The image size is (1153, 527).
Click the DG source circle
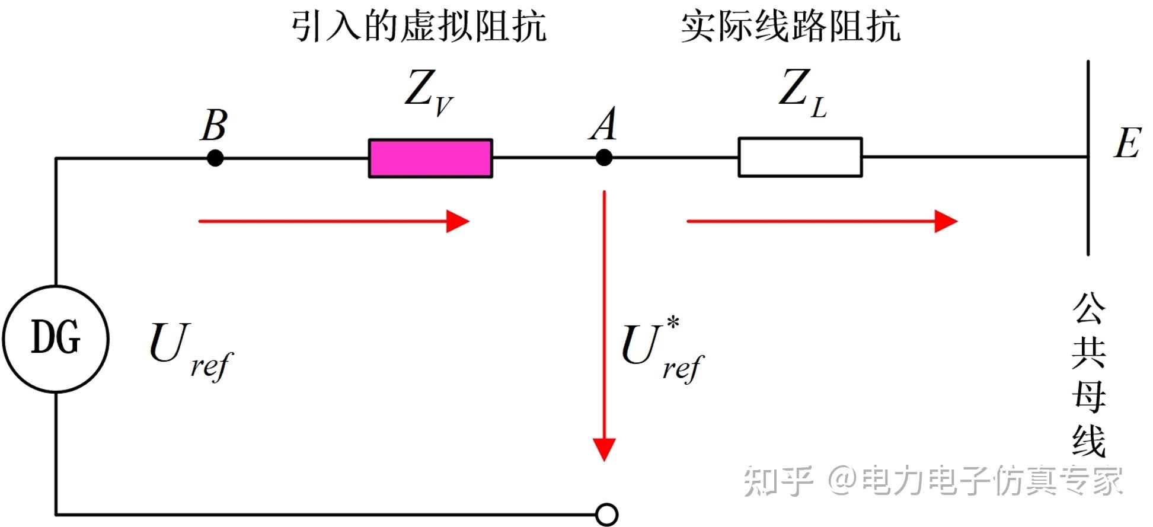click(x=56, y=338)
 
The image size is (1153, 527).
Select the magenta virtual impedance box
click(x=430, y=158)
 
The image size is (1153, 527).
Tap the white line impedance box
click(x=800, y=157)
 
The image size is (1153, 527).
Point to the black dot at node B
click(x=215, y=158)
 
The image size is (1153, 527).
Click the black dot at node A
click(x=604, y=158)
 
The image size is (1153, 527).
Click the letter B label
click(x=214, y=125)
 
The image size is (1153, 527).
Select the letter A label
click(x=603, y=124)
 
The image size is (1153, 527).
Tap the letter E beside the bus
click(x=1126, y=143)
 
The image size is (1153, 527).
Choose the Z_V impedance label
click(x=429, y=92)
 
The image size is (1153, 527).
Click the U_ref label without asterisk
click(x=190, y=350)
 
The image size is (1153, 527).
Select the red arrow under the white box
click(x=822, y=222)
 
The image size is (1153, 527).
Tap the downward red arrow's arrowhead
click(x=604, y=449)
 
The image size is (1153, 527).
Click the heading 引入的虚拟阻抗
click(x=419, y=27)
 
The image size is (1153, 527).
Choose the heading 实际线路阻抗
click(x=790, y=27)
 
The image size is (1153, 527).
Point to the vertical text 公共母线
click(x=1088, y=375)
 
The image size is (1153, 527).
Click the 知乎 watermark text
click(x=778, y=481)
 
